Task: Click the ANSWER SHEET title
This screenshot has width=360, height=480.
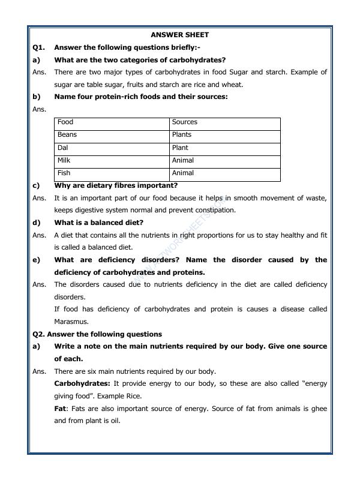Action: (179, 35)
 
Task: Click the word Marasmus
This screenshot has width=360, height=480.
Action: (71, 322)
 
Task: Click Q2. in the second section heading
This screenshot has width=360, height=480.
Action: (39, 334)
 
